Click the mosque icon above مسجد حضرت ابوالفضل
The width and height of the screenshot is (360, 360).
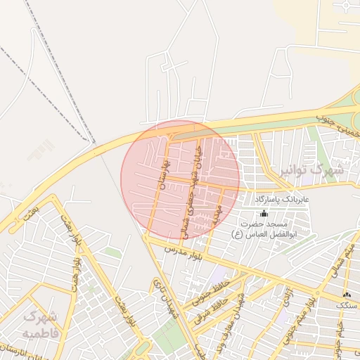click(264, 213)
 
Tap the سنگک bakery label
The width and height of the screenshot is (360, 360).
click(347, 306)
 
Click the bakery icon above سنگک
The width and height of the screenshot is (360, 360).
click(346, 295)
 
